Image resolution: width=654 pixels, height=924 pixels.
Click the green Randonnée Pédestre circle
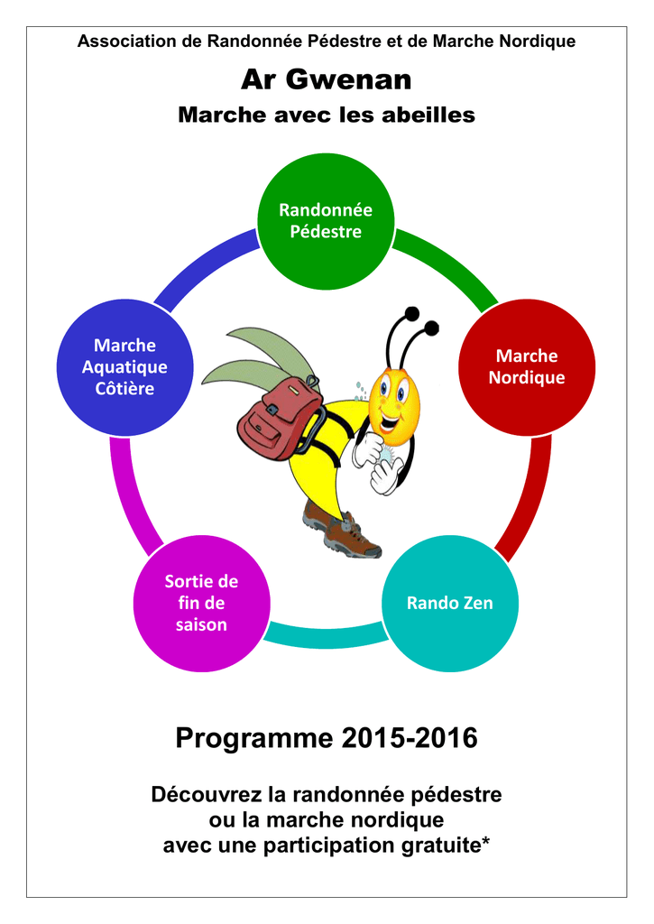(x=326, y=222)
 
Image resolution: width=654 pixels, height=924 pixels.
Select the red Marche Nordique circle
(x=527, y=367)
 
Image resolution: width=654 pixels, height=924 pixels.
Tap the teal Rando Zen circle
(x=450, y=603)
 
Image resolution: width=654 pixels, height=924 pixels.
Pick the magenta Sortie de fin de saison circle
(x=201, y=603)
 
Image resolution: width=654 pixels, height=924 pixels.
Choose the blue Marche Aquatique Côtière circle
(x=124, y=367)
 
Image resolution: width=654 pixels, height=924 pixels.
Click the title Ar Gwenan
(x=327, y=79)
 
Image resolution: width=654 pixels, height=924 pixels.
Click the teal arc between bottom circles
(x=326, y=636)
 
